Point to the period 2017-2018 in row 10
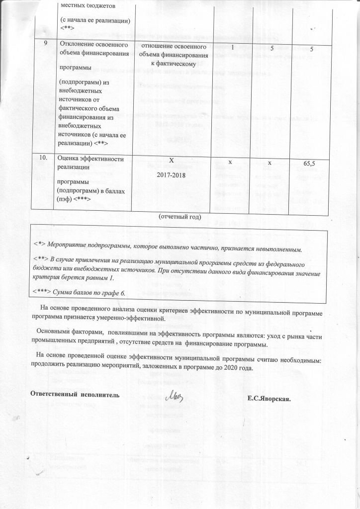click(171, 175)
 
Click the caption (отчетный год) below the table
click(180, 217)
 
